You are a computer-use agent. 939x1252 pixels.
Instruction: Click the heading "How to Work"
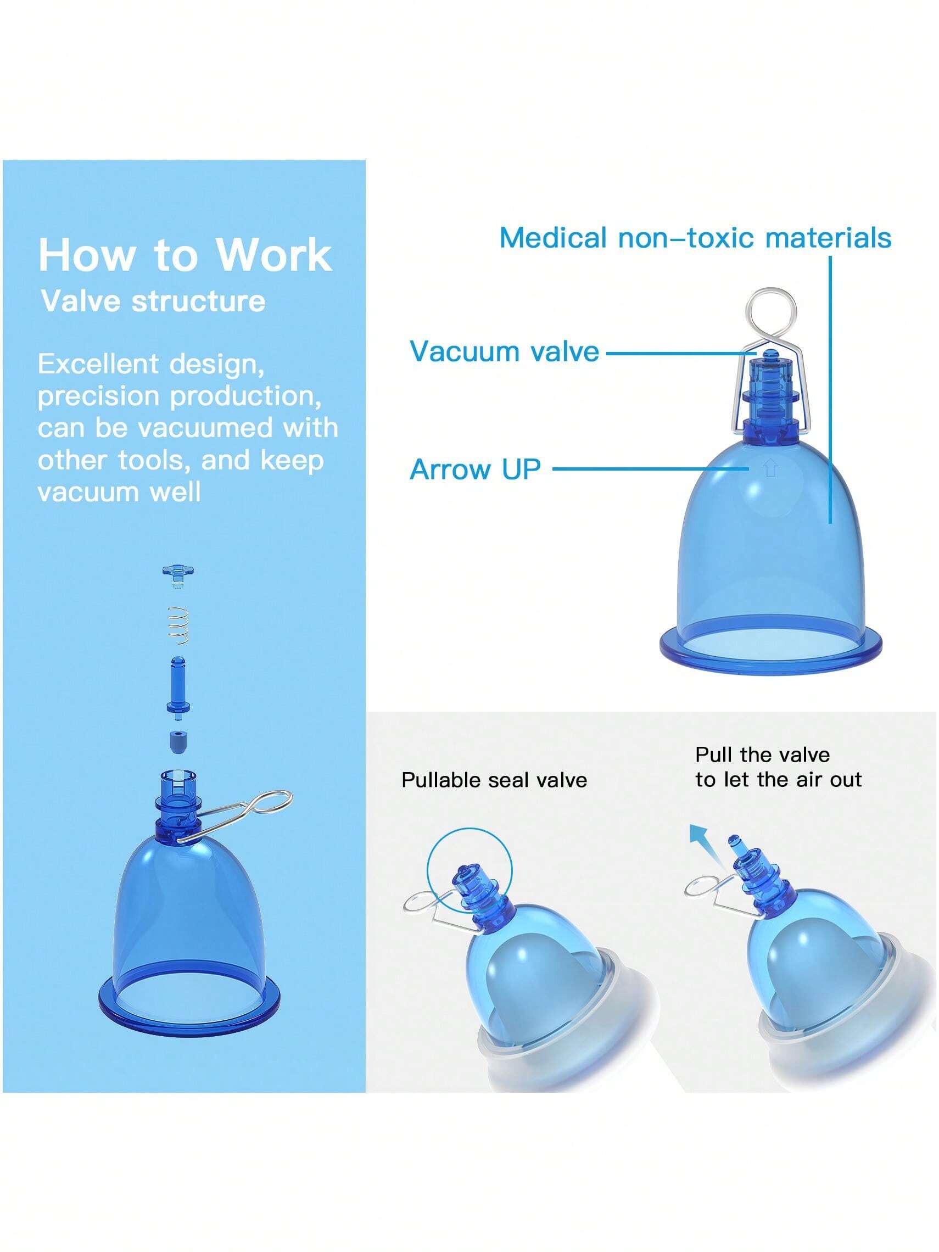click(x=185, y=255)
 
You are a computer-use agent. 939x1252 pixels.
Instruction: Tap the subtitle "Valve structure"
click(x=153, y=300)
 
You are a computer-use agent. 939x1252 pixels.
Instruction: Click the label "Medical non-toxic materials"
click(x=696, y=237)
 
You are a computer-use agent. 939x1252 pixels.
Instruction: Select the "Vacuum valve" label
click(x=504, y=351)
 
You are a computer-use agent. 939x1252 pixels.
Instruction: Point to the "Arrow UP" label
click(x=475, y=469)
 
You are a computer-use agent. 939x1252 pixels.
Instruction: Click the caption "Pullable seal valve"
click(x=494, y=780)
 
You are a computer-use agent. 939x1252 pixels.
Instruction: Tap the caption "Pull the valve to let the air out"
click(x=778, y=767)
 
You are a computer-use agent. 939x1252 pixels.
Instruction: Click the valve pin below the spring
click(x=178, y=688)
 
